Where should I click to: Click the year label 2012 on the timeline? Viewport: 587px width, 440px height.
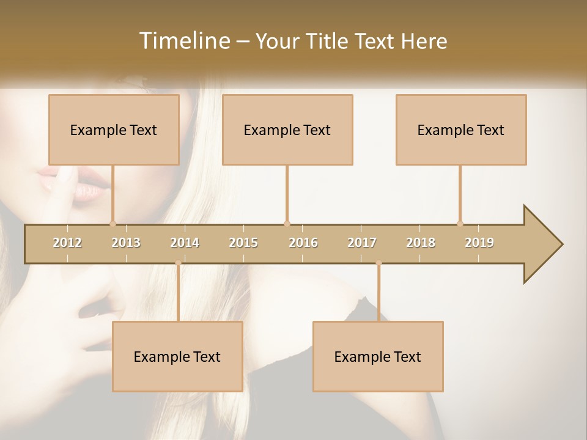(x=67, y=243)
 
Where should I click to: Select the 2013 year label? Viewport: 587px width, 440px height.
(x=126, y=243)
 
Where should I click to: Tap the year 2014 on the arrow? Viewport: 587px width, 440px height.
(x=185, y=243)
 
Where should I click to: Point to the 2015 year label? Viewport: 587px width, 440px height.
(x=243, y=243)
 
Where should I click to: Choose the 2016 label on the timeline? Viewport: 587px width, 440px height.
(x=303, y=243)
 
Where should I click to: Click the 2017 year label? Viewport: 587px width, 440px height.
(x=362, y=243)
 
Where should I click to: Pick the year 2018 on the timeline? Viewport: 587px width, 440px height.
(x=421, y=243)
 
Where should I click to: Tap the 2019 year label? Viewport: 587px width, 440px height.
(x=479, y=243)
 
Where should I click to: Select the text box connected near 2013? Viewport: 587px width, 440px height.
(x=114, y=130)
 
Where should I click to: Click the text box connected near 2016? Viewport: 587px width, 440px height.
(x=287, y=130)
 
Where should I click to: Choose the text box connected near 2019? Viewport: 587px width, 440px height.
(x=461, y=130)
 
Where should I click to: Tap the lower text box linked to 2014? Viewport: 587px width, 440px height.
(x=177, y=356)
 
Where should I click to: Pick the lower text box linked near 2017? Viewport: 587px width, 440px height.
(x=378, y=356)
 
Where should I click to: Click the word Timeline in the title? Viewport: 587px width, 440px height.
(x=183, y=41)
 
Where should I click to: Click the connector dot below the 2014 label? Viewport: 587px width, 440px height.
(x=178, y=263)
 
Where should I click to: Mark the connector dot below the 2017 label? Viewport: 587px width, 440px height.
(x=378, y=263)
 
